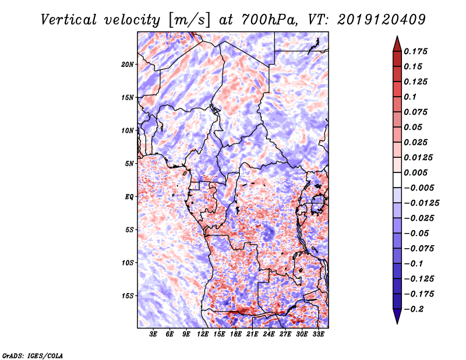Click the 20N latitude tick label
coord(128,64)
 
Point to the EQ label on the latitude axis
coord(129,197)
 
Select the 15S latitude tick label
coord(128,296)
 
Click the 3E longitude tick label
coord(154,335)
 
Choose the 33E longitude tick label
coord(318,335)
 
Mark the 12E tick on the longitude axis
coord(203,335)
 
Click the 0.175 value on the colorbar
coord(418,51)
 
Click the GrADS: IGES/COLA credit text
coord(32,354)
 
